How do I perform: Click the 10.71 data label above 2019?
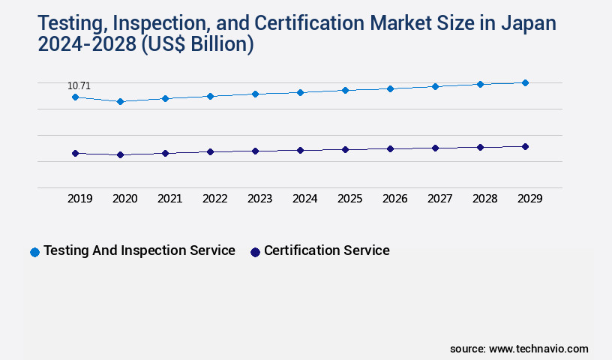coord(79,86)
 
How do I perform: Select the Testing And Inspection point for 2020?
coord(120,101)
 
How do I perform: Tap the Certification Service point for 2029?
coord(525,146)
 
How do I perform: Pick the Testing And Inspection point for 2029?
coord(525,82)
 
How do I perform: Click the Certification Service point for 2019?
coord(75,153)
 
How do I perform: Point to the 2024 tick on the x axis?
coord(304,199)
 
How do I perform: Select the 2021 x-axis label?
coord(169,199)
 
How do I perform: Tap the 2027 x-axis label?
coord(439,199)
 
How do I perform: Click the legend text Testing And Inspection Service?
coord(139,250)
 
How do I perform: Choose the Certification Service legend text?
coord(326,250)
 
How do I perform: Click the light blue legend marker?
coord(34,252)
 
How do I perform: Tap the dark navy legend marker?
coord(255,252)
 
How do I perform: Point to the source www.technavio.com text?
coord(519,349)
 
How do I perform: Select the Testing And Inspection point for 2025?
coord(345,90)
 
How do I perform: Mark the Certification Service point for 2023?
coord(255,151)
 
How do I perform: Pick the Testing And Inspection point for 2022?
coord(210,96)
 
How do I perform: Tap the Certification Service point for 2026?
coord(390,148)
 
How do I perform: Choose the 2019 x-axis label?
coord(79,199)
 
